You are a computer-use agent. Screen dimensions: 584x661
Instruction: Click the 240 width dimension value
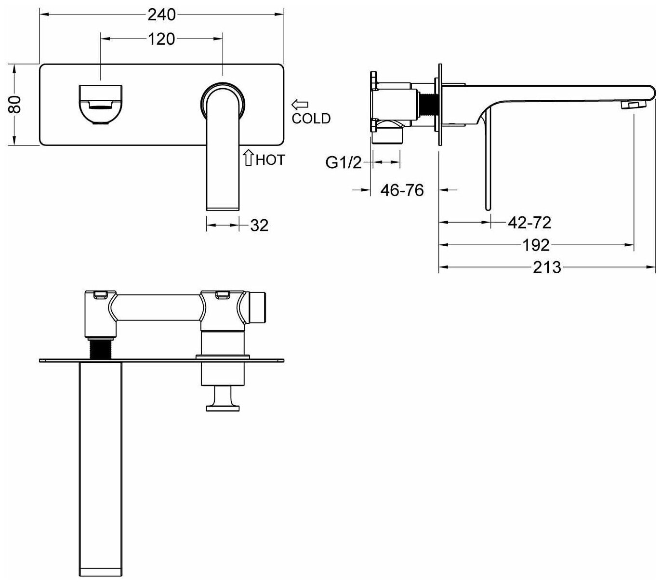pos(161,15)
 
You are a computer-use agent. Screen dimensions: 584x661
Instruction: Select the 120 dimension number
pos(161,39)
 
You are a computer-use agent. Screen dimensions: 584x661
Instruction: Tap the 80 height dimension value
pos(16,104)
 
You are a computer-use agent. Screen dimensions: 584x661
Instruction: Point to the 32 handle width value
pos(259,225)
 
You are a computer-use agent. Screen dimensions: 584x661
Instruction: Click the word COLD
pos(311,119)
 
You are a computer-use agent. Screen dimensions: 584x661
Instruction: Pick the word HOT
pos(270,159)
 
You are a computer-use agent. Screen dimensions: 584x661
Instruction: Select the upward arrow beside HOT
pos(249,158)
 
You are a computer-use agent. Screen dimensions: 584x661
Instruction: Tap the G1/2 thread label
pos(344,163)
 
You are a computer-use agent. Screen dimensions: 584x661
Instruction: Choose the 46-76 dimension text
pos(402,190)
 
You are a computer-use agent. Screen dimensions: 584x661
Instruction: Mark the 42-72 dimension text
pos(529,223)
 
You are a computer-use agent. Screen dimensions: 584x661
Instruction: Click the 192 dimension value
pos(536,245)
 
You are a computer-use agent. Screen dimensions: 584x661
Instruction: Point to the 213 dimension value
pos(547,267)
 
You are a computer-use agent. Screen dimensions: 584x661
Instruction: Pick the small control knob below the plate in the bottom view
pos(223,400)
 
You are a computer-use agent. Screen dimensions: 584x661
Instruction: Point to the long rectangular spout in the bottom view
pos(100,467)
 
